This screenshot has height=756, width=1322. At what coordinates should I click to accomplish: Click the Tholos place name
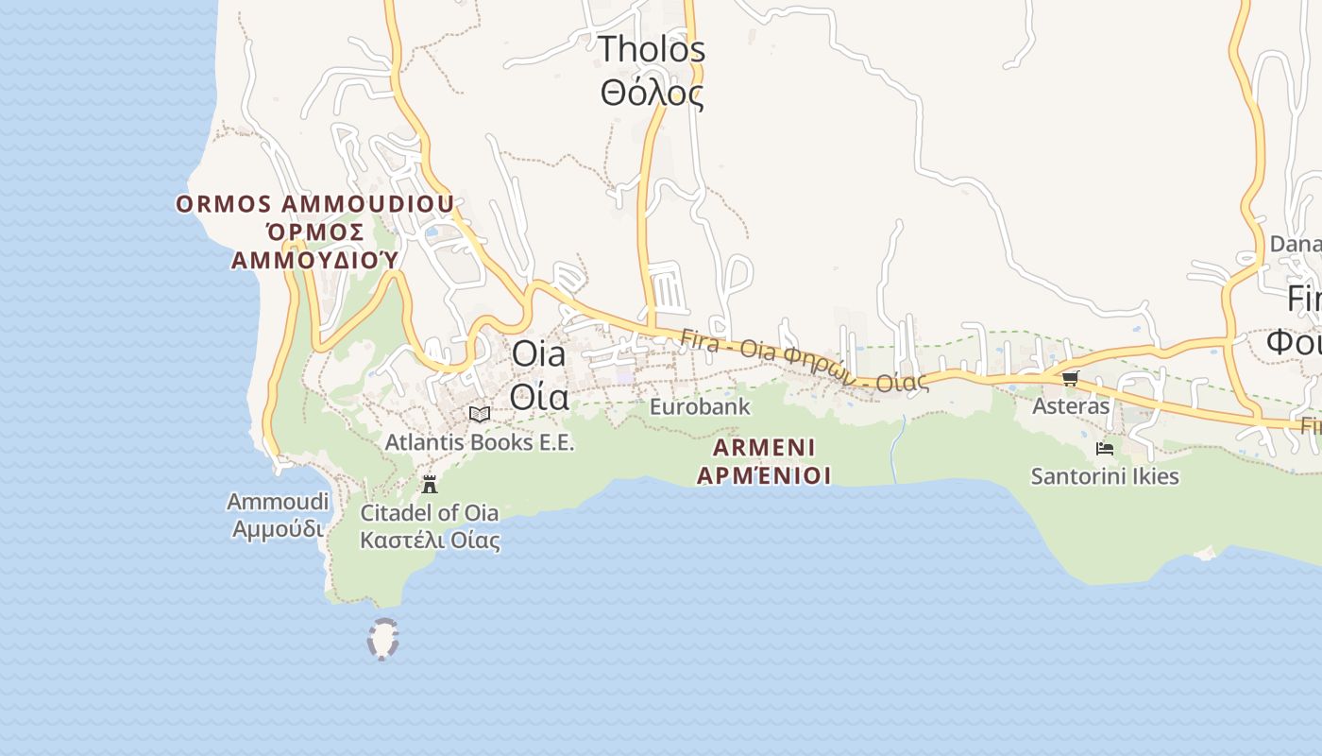point(652,48)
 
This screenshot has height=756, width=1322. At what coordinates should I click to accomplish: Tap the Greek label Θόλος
point(652,93)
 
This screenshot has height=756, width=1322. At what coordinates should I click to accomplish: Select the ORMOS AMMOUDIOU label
point(314,203)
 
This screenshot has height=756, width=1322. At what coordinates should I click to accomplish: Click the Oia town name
point(538,354)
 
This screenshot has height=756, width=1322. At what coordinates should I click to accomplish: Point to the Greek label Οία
point(539,397)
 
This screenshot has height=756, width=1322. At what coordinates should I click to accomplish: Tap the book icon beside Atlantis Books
point(480,414)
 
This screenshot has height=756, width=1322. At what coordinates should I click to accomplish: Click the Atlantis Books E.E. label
point(480,441)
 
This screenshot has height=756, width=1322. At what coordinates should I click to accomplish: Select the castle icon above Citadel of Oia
point(430,485)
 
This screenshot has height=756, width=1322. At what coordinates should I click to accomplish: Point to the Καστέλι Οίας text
point(430,541)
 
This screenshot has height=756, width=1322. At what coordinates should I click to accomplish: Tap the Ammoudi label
point(278,501)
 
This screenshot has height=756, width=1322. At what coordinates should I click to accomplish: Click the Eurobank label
point(700,407)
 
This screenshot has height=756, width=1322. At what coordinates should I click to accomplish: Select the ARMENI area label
point(764,447)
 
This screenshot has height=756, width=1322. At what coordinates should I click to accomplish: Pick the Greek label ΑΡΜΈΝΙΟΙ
point(764,474)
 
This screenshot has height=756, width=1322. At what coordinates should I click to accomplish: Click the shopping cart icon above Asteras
point(1070,378)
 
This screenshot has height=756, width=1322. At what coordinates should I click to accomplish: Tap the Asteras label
point(1071,406)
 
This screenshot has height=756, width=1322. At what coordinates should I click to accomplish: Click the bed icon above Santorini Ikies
point(1105,448)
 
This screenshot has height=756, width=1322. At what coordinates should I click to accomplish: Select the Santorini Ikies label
point(1105,476)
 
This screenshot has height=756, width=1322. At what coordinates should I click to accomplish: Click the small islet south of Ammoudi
point(382,639)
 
